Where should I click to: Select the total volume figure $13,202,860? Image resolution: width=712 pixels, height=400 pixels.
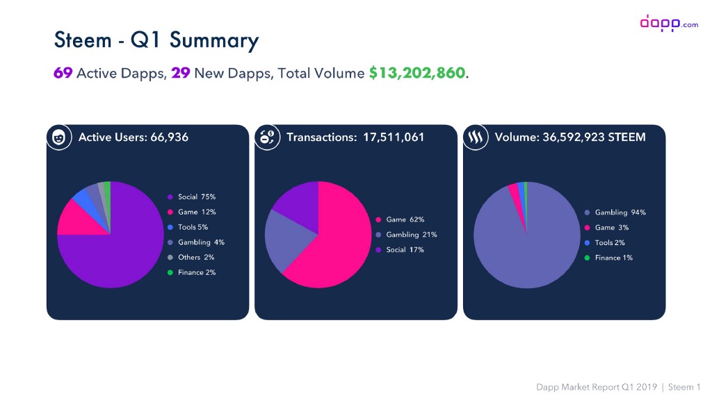pyautogui.click(x=417, y=73)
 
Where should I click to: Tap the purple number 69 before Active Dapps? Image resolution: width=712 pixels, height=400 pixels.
pyautogui.click(x=63, y=73)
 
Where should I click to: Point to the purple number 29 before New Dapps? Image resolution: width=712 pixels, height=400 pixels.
pyautogui.click(x=181, y=73)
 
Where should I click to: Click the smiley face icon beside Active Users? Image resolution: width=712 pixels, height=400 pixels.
pyautogui.click(x=60, y=137)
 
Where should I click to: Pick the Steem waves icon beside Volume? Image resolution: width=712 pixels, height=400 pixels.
pyautogui.click(x=476, y=137)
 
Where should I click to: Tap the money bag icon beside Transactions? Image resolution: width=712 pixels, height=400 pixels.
pyautogui.click(x=268, y=137)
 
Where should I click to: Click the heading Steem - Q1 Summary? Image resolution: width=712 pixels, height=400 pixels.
pyautogui.click(x=156, y=40)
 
